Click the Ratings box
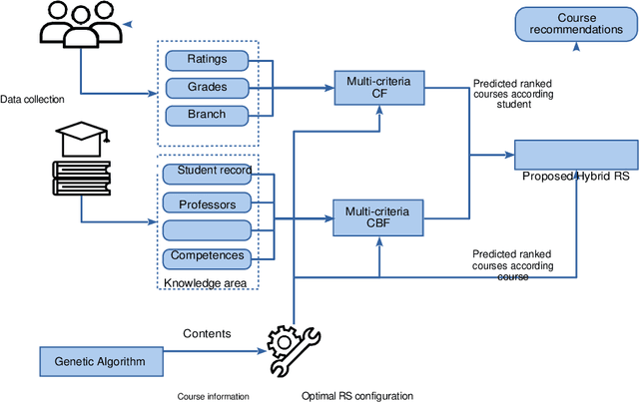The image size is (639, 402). tap(207, 60)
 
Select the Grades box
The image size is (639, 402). tap(207, 87)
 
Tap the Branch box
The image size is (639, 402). tap(207, 114)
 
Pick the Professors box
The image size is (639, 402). tap(207, 203)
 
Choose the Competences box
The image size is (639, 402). tap(207, 256)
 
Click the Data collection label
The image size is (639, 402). tap(32, 100)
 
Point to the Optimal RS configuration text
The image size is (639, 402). tap(356, 396)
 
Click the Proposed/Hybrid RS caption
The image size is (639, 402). tap(574, 177)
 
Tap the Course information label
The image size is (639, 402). tap(213, 396)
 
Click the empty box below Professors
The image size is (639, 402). tap(207, 230)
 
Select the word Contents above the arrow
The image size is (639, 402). tap(207, 333)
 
